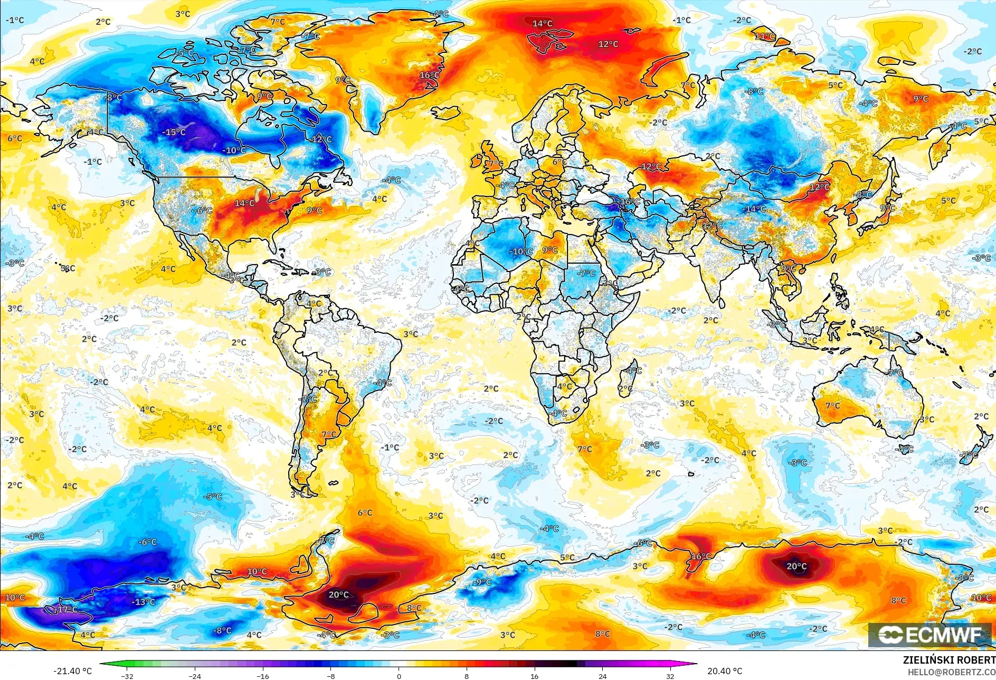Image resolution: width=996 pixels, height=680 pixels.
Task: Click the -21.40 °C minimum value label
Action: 72,671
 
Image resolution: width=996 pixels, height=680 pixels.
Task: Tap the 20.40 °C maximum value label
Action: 724,671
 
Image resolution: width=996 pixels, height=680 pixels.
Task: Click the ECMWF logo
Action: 929,635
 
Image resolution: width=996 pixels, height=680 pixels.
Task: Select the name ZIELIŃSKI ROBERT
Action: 948,660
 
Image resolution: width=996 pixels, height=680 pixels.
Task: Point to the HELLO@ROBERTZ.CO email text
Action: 951,672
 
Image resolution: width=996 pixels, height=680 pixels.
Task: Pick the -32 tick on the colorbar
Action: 127,676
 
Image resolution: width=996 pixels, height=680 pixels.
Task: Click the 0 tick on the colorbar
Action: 399,676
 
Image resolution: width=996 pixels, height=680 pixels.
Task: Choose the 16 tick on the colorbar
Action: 534,676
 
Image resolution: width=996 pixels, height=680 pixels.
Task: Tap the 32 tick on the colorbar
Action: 670,676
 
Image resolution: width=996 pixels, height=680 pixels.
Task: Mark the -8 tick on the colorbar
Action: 330,676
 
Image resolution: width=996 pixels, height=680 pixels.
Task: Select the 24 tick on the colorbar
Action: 602,676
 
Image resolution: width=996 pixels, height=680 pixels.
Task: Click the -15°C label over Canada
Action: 174,132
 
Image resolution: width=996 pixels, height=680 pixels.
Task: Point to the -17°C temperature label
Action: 66,609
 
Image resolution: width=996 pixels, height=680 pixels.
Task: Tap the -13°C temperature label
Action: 143,602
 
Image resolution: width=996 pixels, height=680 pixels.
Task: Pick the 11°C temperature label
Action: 765,36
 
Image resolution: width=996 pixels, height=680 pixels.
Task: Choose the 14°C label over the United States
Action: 244,203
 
